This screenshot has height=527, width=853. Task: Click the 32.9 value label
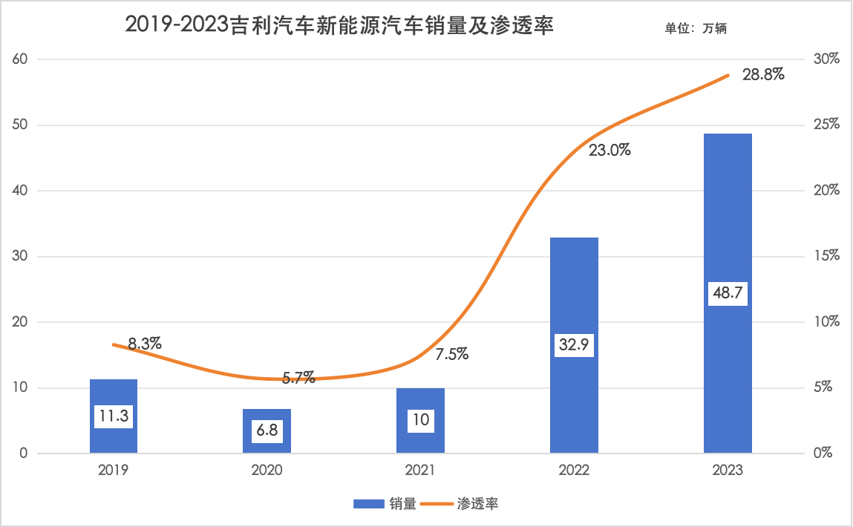click(x=574, y=345)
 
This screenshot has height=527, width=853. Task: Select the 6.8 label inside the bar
click(x=267, y=431)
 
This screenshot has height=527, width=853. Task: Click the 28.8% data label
click(x=763, y=75)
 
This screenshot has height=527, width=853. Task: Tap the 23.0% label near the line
click(x=609, y=151)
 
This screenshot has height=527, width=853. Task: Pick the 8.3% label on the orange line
click(x=145, y=344)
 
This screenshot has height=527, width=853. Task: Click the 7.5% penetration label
click(x=451, y=354)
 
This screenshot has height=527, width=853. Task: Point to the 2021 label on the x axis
click(x=420, y=471)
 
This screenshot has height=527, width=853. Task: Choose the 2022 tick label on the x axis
click(x=574, y=471)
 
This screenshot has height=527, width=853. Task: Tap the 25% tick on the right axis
click(x=825, y=125)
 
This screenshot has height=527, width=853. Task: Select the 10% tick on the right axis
click(x=825, y=322)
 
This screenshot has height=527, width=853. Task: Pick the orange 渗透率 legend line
click(x=438, y=504)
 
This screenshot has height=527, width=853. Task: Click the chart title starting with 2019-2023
click(x=341, y=25)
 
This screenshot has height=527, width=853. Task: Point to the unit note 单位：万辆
click(x=699, y=29)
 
